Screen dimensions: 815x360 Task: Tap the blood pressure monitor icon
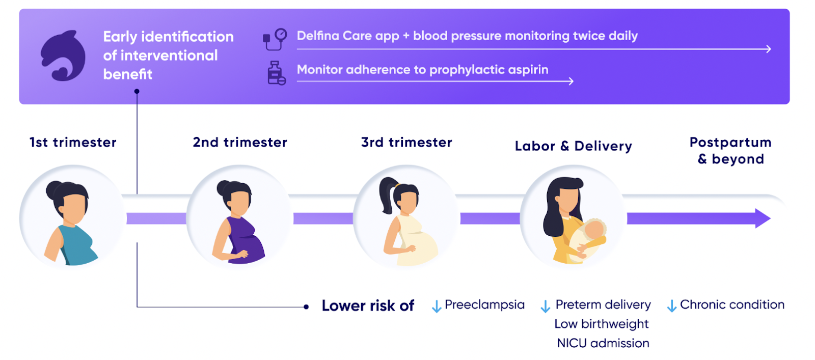click(275, 39)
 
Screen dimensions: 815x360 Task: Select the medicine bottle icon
click(277, 73)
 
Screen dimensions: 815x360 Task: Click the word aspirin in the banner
click(526, 70)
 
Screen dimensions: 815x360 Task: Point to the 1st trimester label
click(73, 142)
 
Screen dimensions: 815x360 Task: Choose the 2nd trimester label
click(240, 142)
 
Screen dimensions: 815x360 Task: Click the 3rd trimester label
click(407, 142)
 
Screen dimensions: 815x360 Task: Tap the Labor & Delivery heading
click(574, 146)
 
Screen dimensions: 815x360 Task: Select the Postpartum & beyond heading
click(730, 151)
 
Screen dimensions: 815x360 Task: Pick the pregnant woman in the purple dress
click(238, 222)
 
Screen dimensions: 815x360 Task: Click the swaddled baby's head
click(594, 229)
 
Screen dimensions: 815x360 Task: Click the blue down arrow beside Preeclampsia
click(437, 307)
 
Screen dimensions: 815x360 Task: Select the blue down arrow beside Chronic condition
click(672, 306)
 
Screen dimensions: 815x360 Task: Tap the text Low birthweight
click(602, 324)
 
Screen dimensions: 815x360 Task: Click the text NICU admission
click(603, 343)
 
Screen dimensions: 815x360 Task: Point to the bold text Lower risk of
click(368, 306)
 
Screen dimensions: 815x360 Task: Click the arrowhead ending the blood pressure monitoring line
click(768, 49)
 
